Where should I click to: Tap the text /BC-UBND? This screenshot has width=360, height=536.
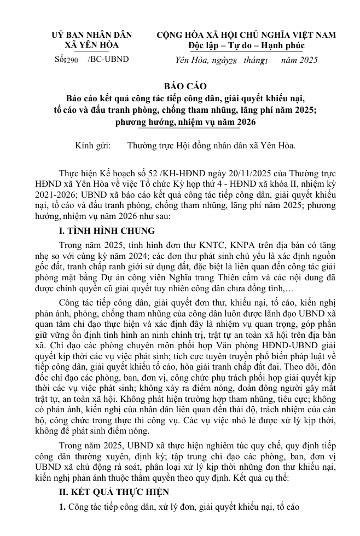(x=108, y=59)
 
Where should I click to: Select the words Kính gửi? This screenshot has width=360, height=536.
(x=92, y=146)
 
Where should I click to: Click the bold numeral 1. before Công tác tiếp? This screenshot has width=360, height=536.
(x=62, y=506)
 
